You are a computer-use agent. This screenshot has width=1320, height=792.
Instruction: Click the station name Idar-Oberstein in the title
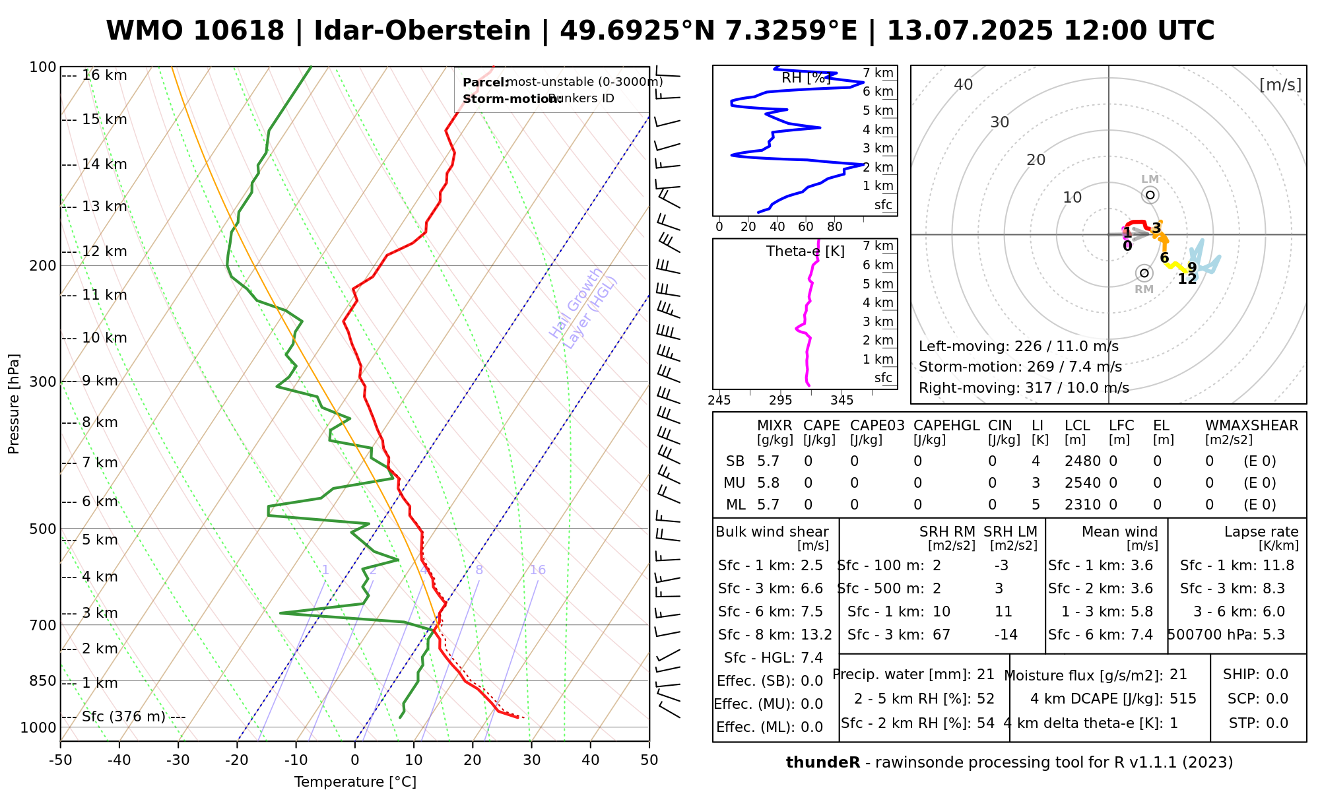click(x=422, y=31)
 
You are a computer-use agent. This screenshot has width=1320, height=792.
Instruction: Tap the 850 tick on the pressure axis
click(x=43, y=680)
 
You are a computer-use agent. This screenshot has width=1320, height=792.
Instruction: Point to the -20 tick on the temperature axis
click(x=237, y=760)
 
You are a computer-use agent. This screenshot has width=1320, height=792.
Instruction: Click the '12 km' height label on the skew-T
click(x=104, y=251)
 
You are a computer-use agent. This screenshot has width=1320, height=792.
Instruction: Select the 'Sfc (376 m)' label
click(x=123, y=717)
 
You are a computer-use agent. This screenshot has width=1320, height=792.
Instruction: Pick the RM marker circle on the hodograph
click(x=1144, y=273)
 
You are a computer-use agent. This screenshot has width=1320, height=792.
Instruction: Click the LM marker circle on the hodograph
click(x=1150, y=195)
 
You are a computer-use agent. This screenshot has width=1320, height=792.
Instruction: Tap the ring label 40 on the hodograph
click(x=964, y=84)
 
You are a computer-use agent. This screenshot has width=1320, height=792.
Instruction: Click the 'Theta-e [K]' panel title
click(x=805, y=251)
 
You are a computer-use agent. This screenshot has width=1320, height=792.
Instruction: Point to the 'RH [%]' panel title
click(x=805, y=78)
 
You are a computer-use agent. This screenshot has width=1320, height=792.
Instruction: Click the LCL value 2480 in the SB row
click(x=1082, y=461)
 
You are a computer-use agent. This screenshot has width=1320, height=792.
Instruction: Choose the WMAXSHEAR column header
click(x=1251, y=426)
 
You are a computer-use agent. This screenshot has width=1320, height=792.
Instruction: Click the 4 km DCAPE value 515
click(x=1183, y=698)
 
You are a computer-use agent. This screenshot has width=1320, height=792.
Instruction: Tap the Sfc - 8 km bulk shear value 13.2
click(x=816, y=635)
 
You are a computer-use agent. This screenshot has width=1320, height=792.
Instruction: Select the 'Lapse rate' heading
click(x=1261, y=532)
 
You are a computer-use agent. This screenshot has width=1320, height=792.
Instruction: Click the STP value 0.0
click(x=1276, y=723)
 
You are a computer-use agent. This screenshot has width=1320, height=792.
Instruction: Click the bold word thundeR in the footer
click(x=822, y=763)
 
